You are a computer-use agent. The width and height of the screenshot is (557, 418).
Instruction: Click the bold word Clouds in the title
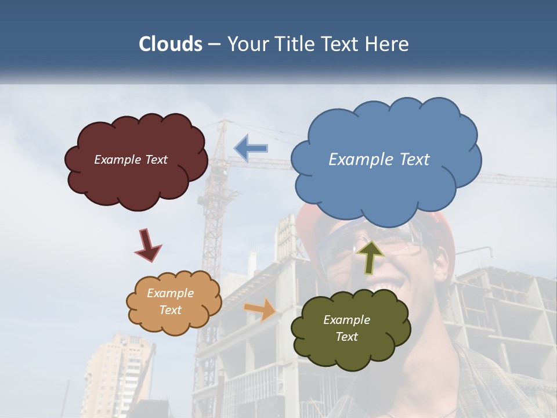[171, 44]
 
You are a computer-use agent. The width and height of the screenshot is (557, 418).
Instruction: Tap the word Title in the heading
[295, 44]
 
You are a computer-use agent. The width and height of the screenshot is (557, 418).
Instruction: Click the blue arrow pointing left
[251, 148]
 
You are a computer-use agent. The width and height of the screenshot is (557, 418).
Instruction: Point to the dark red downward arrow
[147, 245]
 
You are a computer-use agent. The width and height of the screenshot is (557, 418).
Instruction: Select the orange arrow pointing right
[261, 310]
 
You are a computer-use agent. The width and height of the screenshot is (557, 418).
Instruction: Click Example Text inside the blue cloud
[379, 160]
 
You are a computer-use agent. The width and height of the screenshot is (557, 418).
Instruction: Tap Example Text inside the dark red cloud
[131, 160]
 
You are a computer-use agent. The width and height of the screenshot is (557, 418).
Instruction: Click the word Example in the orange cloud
[170, 293]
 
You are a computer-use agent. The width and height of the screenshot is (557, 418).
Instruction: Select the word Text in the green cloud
[346, 337]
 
